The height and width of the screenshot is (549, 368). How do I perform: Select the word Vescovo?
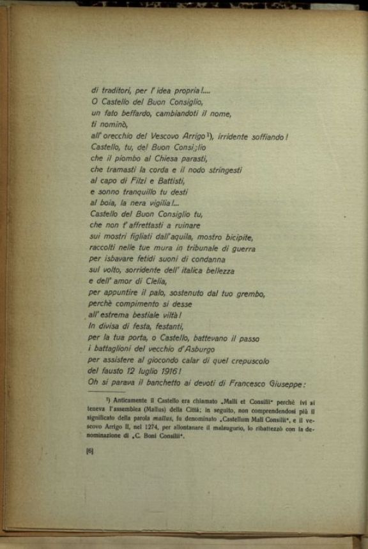pos(171,135)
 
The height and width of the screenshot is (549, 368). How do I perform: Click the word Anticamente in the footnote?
pos(128,404)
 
